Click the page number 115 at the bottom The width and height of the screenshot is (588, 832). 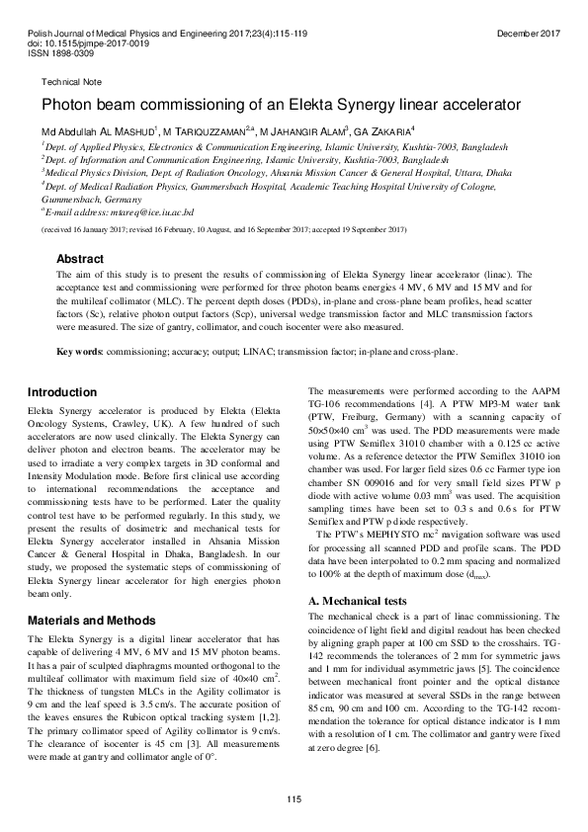tap(294, 799)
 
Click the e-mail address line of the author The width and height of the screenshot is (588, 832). tap(118, 211)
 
